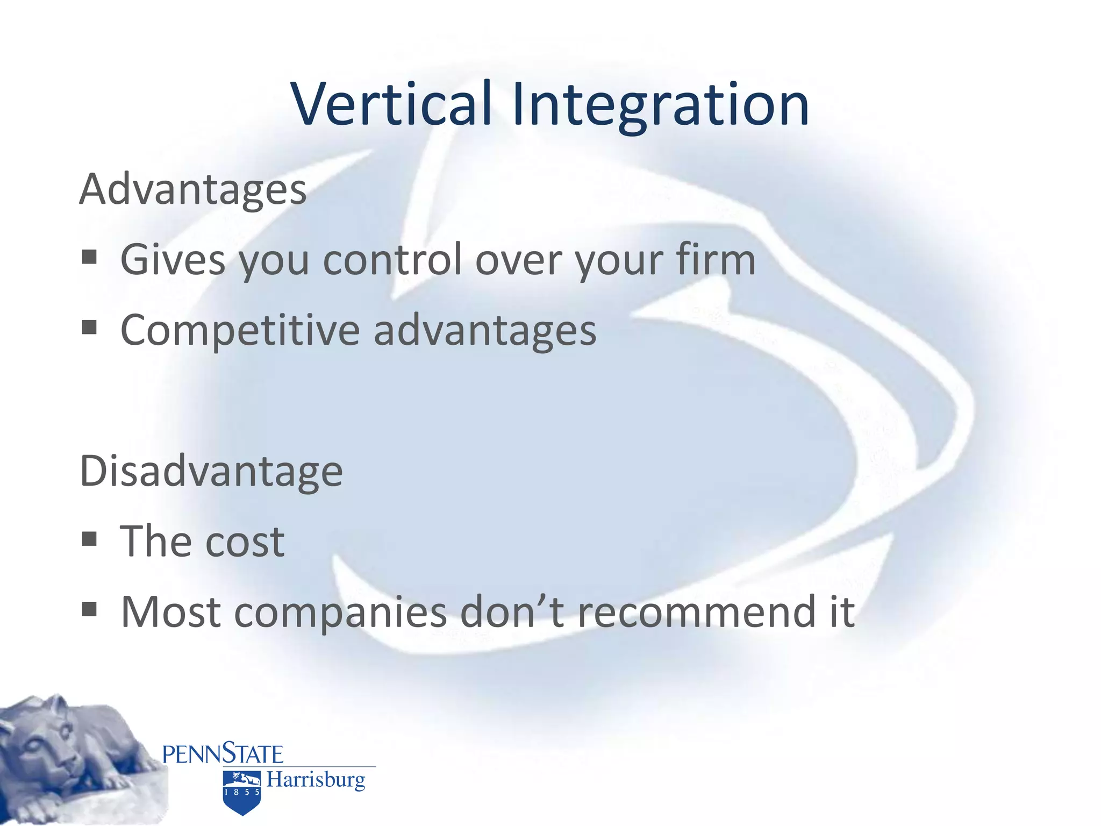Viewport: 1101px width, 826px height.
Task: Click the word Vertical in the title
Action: [x=392, y=104]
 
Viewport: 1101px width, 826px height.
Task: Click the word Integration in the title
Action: [x=660, y=104]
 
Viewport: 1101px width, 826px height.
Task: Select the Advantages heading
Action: [x=192, y=189]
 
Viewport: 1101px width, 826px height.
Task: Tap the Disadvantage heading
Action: [x=211, y=471]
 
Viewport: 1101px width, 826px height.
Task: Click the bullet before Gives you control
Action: [x=89, y=257]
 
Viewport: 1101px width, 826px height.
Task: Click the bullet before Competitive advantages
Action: [x=89, y=327]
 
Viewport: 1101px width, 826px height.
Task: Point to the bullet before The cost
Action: [x=89, y=539]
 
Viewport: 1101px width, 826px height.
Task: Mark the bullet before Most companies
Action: [x=89, y=609]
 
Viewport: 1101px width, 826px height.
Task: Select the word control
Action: [x=392, y=259]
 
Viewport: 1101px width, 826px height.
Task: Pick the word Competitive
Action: [x=240, y=330]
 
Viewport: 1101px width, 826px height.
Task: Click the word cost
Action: [x=245, y=542]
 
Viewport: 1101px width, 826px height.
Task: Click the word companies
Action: [x=340, y=613]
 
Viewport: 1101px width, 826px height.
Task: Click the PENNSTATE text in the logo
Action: [x=223, y=754]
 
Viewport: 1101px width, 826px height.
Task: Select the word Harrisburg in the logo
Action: [x=316, y=779]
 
